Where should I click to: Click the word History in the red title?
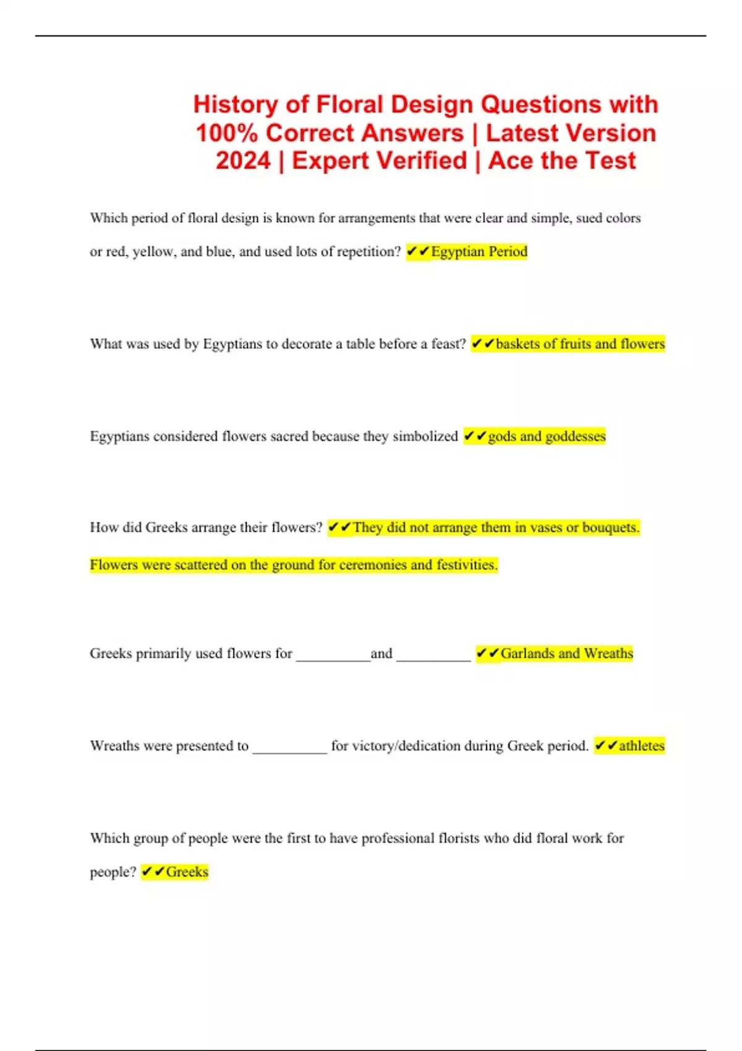pyautogui.click(x=235, y=104)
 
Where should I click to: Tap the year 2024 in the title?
pyautogui.click(x=243, y=161)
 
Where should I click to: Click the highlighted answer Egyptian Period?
pyautogui.click(x=479, y=252)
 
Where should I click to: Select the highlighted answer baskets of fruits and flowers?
pyautogui.click(x=579, y=344)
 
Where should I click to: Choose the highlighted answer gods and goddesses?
pyautogui.click(x=546, y=436)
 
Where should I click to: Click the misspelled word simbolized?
pyautogui.click(x=425, y=436)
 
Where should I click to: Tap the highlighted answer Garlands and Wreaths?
pyautogui.click(x=566, y=653)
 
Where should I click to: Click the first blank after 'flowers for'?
pyautogui.click(x=333, y=657)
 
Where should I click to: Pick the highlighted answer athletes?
pyautogui.click(x=641, y=746)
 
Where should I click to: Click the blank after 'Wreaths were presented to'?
pyautogui.click(x=289, y=749)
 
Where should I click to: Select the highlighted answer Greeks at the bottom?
pyautogui.click(x=187, y=872)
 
